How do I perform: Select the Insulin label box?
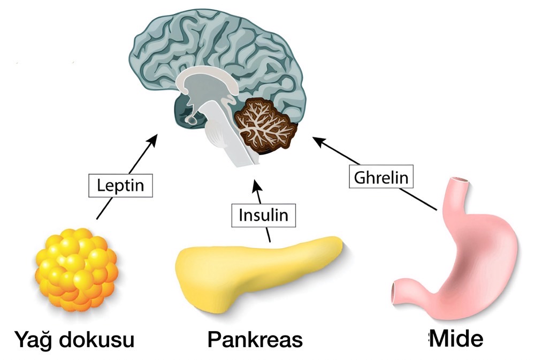263,215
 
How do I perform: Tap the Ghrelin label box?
383,177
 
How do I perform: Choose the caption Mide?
457,338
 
